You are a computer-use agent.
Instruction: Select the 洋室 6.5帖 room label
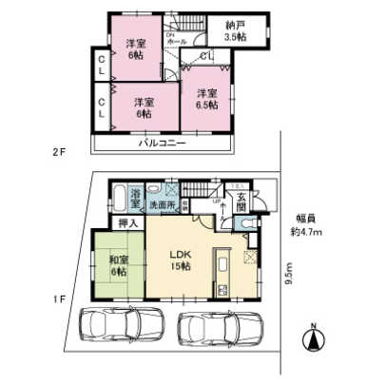click(206, 99)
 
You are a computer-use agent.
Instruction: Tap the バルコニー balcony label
click(162, 143)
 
